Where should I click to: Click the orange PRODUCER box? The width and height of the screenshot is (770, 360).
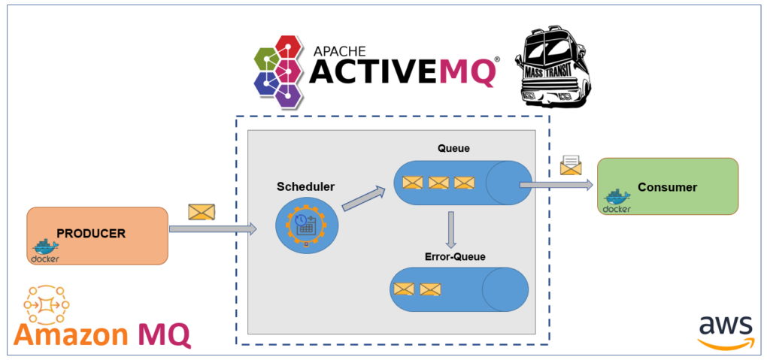pyautogui.click(x=97, y=235)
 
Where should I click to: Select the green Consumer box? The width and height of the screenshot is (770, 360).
pyautogui.click(x=667, y=186)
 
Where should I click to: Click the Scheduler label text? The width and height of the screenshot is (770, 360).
pyautogui.click(x=306, y=186)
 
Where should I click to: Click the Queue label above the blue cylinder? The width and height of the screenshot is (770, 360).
pyautogui.click(x=453, y=148)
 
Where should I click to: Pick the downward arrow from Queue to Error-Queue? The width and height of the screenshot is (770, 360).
pyautogui.click(x=450, y=229)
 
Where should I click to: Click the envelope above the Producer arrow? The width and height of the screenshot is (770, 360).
pyautogui.click(x=201, y=212)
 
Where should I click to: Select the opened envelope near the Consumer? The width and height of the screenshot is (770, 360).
pyautogui.click(x=571, y=165)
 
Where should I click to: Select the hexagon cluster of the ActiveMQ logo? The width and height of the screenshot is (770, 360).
pyautogui.click(x=282, y=69)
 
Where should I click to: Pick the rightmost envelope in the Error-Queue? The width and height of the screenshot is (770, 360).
pyautogui.click(x=430, y=289)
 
